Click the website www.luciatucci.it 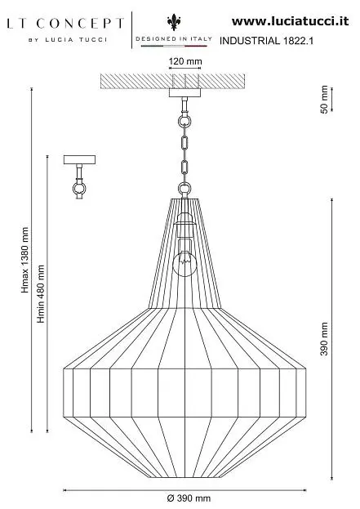coord(290,21)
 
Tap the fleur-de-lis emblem coord(174,22)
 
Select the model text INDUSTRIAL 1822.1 coord(266,41)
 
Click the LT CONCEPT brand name coord(65,24)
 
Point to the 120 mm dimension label coord(185,61)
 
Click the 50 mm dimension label coord(324,100)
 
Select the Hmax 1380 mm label coord(25,260)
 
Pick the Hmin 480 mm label coord(41,294)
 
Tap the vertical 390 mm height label coord(324,338)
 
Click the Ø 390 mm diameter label coord(189,498)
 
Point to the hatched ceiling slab coord(172,81)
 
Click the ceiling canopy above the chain coord(184,93)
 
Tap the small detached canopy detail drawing coord(79,177)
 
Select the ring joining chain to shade coord(184,188)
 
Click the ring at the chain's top coord(184,122)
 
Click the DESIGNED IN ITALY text coord(174,38)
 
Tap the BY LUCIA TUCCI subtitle coord(68,40)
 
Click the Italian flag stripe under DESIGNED coord(174,46)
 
